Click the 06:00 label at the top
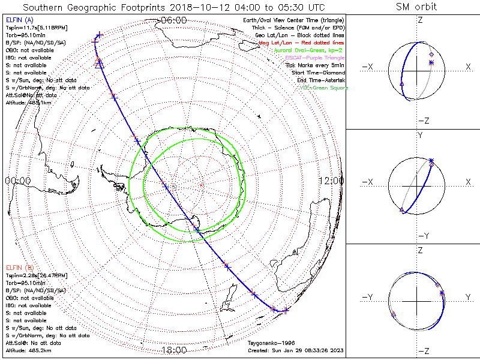[174, 20]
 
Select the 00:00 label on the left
[18, 181]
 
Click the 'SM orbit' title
[416, 7]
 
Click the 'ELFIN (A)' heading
[19, 21]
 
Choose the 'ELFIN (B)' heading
[19, 267]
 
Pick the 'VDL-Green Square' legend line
[323, 88]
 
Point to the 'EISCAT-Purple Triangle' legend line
[311, 58]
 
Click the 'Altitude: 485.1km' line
[28, 103]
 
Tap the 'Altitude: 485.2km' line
[28, 349]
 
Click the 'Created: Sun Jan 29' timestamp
[295, 350]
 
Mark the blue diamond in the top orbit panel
[431, 55]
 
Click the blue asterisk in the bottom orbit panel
[442, 292]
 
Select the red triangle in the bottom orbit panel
[393, 314]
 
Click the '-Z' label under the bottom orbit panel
[423, 350]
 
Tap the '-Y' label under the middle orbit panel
[423, 235]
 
